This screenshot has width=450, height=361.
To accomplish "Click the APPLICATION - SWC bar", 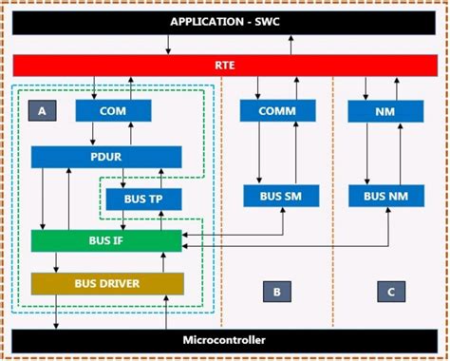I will click(x=225, y=21).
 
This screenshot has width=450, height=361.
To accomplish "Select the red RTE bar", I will click(x=225, y=66).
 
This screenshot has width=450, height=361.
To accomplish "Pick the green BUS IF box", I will click(x=105, y=240).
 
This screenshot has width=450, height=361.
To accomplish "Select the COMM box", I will click(x=278, y=111).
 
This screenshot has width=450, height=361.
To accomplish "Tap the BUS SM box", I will click(x=278, y=198).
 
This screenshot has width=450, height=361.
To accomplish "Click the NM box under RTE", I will click(x=385, y=111).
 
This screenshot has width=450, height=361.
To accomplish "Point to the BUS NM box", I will click(x=385, y=198).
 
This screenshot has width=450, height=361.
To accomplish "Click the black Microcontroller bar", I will click(x=225, y=340).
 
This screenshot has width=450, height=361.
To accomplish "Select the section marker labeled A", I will click(x=42, y=110).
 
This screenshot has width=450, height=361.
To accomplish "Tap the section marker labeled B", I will click(x=275, y=292).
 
